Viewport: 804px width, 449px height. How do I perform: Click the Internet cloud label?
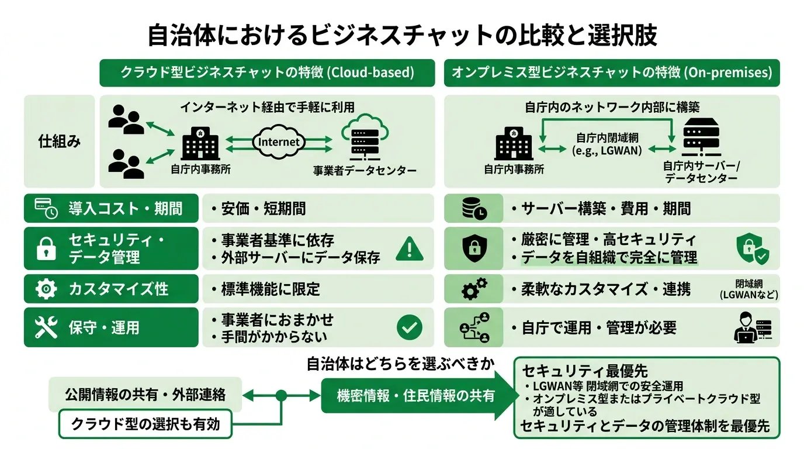279,141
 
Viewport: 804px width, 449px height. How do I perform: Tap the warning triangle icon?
410,248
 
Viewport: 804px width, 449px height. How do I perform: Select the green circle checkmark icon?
409,328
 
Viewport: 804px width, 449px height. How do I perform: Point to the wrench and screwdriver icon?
46,328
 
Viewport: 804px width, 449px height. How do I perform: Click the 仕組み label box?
59,141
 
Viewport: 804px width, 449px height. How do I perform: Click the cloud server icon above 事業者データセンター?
363,140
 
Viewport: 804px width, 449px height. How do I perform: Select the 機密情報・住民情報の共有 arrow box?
415,396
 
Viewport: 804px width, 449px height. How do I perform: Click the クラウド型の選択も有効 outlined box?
145,424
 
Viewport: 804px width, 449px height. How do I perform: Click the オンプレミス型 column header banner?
611,72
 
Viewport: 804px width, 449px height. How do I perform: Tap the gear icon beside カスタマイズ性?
46,289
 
